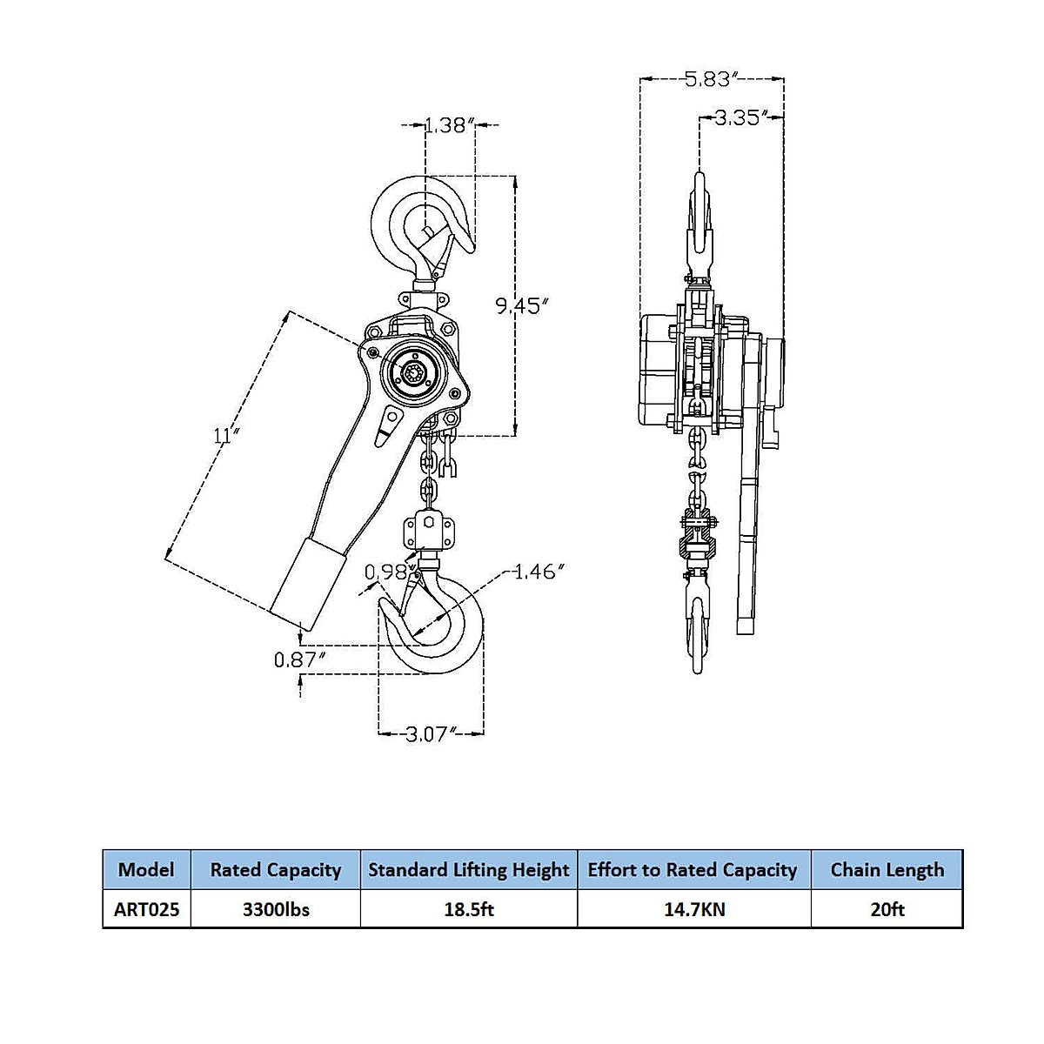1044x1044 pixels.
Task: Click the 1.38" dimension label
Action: pyautogui.click(x=449, y=125)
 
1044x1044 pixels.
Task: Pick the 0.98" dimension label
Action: pyautogui.click(x=387, y=572)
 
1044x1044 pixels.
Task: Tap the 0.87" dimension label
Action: pyautogui.click(x=300, y=659)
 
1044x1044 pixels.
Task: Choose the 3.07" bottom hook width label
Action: pyautogui.click(x=431, y=734)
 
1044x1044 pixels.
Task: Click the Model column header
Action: pyautogui.click(x=146, y=869)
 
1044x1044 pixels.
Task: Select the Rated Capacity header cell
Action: pyautogui.click(x=276, y=869)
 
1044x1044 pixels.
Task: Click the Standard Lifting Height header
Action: pyautogui.click(x=469, y=869)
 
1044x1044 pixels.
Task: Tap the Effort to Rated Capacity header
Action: pyautogui.click(x=693, y=869)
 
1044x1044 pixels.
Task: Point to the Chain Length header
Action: pyautogui.click(x=887, y=869)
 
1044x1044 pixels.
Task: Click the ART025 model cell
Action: pyautogui.click(x=146, y=910)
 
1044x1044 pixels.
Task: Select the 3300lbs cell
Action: pyautogui.click(x=276, y=910)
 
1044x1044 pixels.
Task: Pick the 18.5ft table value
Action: pyautogui.click(x=469, y=910)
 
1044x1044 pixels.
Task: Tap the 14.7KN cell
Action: pyautogui.click(x=693, y=910)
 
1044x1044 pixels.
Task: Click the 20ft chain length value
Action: pyautogui.click(x=887, y=910)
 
